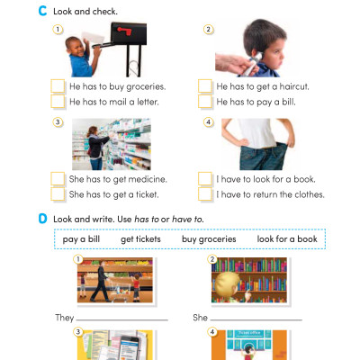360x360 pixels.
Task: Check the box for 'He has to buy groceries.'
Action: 58,86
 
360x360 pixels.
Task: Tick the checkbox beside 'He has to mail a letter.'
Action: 58,102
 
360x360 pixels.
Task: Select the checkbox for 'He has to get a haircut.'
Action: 205,86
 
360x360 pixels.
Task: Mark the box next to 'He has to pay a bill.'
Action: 205,102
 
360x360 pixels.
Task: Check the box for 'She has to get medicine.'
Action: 58,178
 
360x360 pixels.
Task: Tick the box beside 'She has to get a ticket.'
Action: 58,193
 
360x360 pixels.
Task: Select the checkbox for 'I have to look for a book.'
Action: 205,178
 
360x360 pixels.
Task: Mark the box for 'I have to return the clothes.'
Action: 205,193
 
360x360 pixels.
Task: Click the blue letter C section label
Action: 42,11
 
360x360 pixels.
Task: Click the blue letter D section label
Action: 42,219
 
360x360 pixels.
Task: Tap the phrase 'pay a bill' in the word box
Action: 81,239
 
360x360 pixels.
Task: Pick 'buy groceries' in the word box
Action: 209,239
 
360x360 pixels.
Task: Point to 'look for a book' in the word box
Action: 286,239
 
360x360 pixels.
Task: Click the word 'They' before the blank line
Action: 64,318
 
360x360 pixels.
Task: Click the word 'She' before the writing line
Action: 201,318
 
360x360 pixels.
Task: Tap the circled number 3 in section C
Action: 58,122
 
